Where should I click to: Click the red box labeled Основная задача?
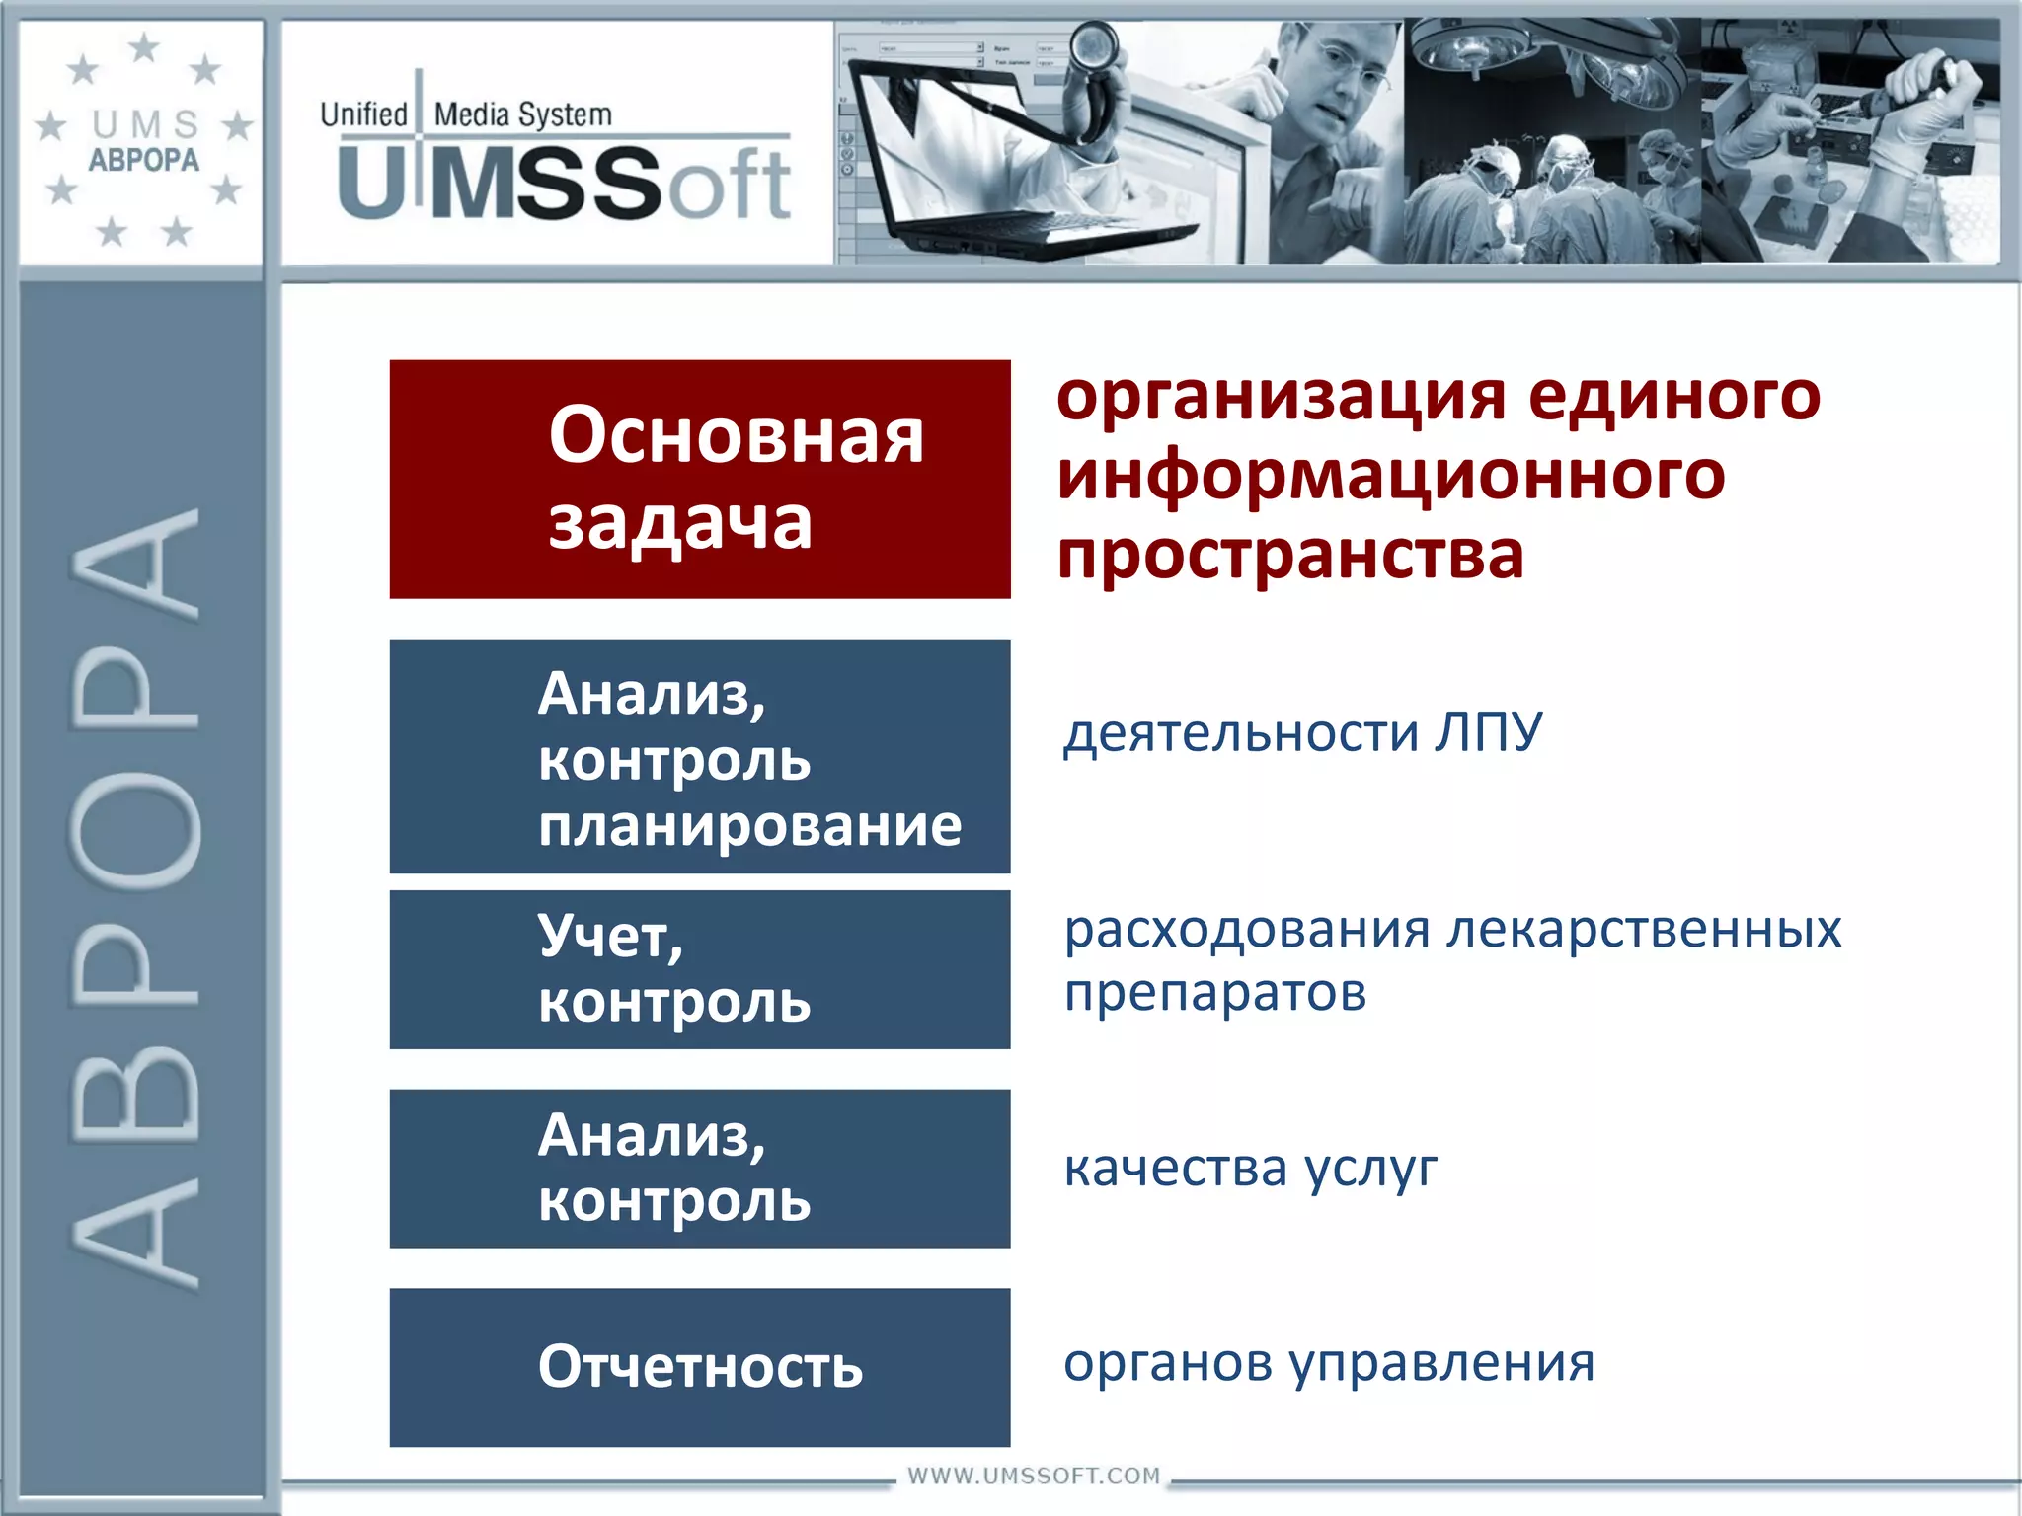click(x=699, y=479)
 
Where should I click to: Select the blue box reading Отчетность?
click(x=699, y=1367)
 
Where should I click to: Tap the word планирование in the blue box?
click(x=749, y=825)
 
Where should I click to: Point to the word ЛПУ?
click(x=1488, y=732)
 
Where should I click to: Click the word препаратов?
click(x=1214, y=993)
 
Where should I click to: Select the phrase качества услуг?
click(x=1249, y=1169)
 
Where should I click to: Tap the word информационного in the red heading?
click(x=1390, y=475)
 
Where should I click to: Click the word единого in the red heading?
click(x=1672, y=396)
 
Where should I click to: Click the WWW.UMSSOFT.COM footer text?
click(x=1033, y=1476)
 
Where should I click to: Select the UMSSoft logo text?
click(x=563, y=184)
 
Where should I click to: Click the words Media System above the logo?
click(x=522, y=114)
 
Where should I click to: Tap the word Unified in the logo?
click(x=363, y=114)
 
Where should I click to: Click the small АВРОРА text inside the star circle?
click(x=143, y=160)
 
